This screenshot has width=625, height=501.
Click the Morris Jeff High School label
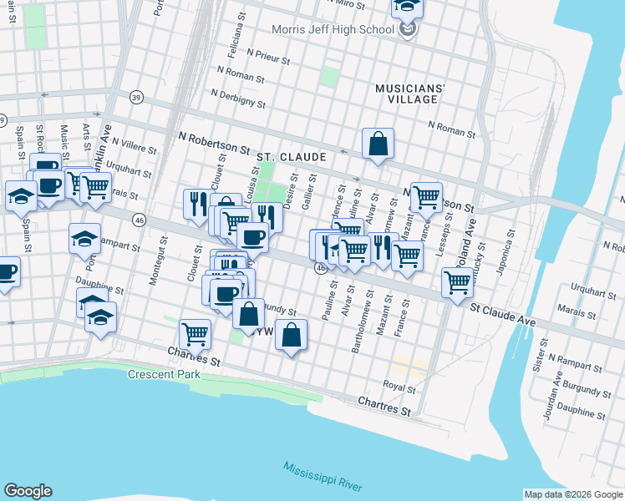(x=333, y=30)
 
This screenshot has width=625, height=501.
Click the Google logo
(x=28, y=491)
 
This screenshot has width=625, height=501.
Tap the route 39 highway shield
(x=137, y=98)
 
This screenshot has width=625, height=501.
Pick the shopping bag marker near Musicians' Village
(x=378, y=143)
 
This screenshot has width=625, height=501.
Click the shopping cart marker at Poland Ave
(x=457, y=283)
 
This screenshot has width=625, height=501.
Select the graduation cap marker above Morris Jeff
(x=407, y=7)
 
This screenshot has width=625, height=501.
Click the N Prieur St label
(x=262, y=60)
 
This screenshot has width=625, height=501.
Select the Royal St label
(x=399, y=387)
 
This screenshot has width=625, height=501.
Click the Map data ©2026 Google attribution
(x=574, y=494)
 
